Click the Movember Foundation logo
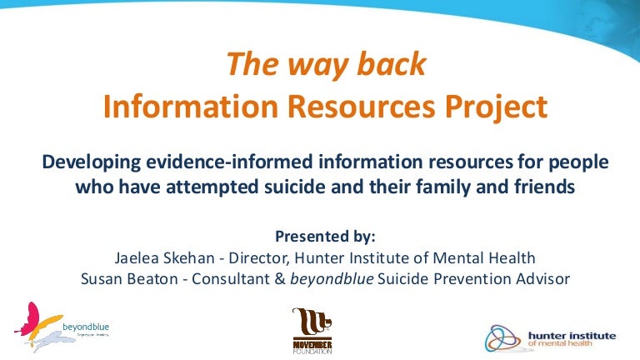pyautogui.click(x=312, y=330)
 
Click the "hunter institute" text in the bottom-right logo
pyautogui.click(x=572, y=335)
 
